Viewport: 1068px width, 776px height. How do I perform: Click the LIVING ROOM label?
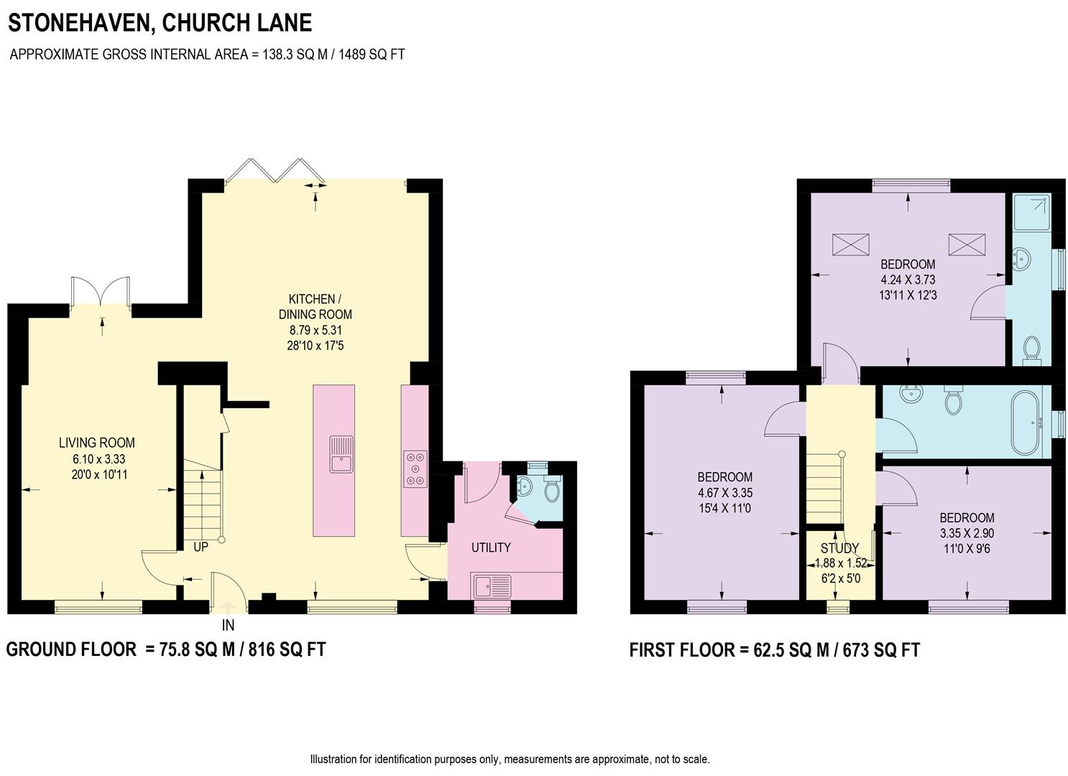click(96, 443)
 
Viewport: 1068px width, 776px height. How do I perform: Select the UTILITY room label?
click(491, 548)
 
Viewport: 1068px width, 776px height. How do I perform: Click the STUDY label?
click(839, 548)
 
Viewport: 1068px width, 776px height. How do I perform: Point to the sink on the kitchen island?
click(341, 454)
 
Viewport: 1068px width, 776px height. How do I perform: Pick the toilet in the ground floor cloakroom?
click(552, 489)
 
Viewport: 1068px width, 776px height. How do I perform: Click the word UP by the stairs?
click(201, 547)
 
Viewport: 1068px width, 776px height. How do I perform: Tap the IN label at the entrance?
click(228, 625)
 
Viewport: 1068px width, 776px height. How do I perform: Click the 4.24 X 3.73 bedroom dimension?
click(908, 280)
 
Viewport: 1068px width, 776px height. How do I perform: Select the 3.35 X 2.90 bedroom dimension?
click(967, 533)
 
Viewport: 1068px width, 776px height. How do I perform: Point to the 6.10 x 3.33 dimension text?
click(96, 458)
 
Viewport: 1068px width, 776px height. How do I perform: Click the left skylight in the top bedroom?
click(850, 244)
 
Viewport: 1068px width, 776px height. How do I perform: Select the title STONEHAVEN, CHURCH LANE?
click(160, 23)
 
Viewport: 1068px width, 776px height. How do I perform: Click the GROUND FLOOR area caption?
click(165, 650)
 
